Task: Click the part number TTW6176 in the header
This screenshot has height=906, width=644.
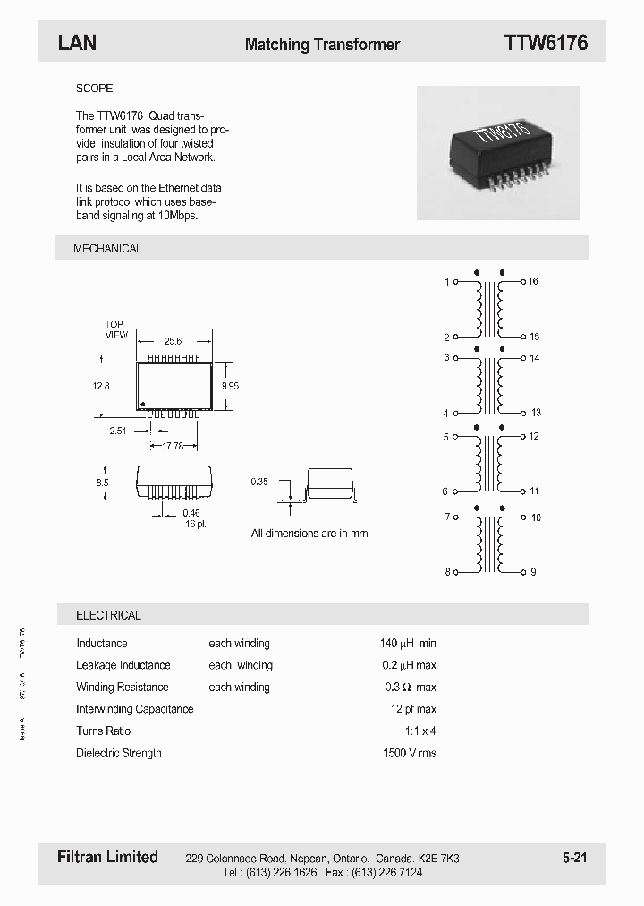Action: (546, 43)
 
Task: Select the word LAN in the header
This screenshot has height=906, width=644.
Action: (77, 43)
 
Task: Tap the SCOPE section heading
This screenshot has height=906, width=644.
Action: (94, 89)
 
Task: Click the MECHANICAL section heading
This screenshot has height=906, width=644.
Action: (107, 248)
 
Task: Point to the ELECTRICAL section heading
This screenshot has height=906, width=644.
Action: (108, 615)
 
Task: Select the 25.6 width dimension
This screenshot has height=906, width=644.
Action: (173, 341)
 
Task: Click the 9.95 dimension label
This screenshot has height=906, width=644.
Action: (229, 386)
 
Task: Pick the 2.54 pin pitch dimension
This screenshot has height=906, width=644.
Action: (117, 431)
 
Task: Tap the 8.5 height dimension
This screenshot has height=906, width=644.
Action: (102, 483)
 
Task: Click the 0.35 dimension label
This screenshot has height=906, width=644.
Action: (260, 483)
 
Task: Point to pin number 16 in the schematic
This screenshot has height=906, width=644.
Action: (533, 281)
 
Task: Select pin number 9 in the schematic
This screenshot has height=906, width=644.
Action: (533, 572)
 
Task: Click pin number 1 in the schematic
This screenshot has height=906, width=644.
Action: (446, 282)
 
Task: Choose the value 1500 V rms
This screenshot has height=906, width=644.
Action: (409, 753)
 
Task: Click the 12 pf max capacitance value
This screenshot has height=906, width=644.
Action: (413, 709)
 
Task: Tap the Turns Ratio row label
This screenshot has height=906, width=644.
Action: (103, 731)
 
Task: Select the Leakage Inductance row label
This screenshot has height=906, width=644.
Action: (123, 665)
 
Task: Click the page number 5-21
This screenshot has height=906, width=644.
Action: (574, 858)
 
